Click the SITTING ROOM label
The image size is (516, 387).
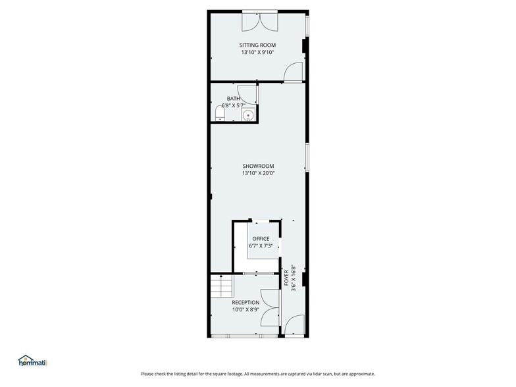coord(257,45)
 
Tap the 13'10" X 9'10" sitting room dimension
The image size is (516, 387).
coord(257,53)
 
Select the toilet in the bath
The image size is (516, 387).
coord(220,115)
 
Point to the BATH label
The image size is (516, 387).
coord(234,98)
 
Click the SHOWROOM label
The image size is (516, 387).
coord(258,167)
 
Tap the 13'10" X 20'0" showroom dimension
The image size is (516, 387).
coord(258,174)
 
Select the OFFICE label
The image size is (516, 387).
coord(261,239)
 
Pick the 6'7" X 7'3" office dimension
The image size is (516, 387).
coord(261,246)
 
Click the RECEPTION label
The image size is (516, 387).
coord(245,302)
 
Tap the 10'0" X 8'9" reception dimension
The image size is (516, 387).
coord(245,309)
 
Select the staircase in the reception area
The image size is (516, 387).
coord(222,286)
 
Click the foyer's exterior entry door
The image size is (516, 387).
coord(294,326)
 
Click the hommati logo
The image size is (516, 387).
coord(33,361)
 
